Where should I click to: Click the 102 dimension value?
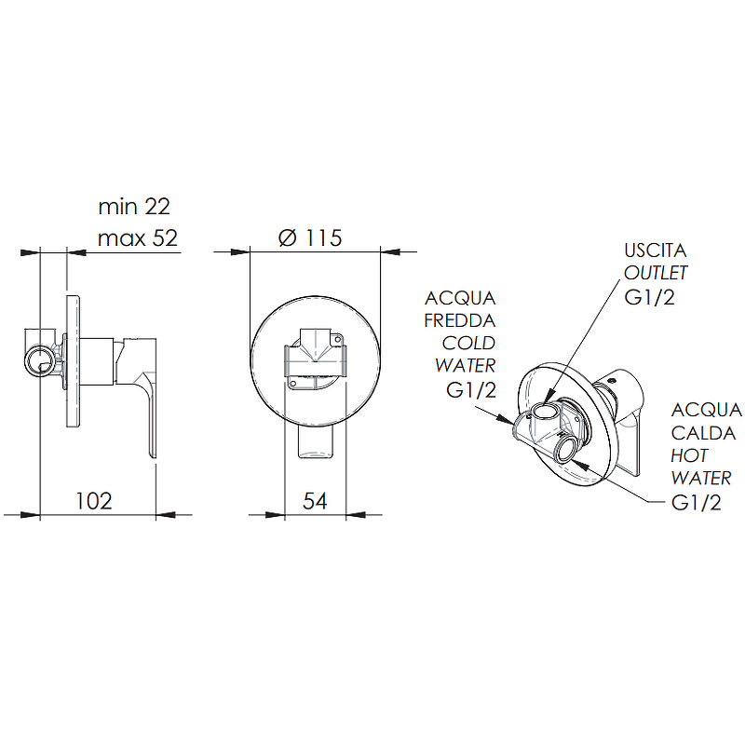tap(94, 501)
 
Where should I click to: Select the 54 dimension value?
tap(315, 501)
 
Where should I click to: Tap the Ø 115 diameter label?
tap(310, 237)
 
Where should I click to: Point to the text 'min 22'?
tap(134, 206)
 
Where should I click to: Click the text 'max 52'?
tap(137, 237)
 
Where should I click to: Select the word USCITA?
tap(656, 251)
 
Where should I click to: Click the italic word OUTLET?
tap(656, 273)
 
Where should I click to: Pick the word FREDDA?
tap(460, 320)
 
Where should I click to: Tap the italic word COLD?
tap(468, 343)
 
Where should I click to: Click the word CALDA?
tap(703, 433)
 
